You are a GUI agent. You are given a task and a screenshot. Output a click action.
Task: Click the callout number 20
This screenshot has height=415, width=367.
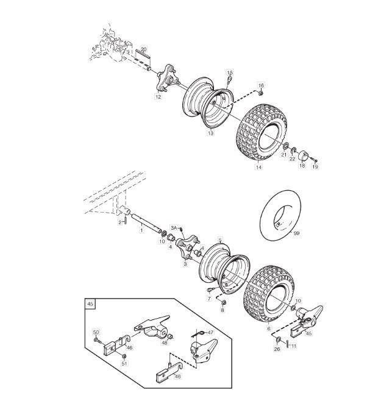[x=143, y=49]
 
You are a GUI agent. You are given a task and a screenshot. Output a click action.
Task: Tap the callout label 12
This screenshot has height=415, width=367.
[x=158, y=97]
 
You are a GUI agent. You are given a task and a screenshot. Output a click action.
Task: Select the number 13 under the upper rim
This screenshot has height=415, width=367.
[x=210, y=133]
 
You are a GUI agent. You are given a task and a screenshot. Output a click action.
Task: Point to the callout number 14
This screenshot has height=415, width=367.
[x=258, y=167]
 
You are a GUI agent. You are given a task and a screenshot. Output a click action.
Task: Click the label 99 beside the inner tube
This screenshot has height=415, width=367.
[x=296, y=233]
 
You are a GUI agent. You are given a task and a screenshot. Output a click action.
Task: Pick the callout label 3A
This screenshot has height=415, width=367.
[x=174, y=228]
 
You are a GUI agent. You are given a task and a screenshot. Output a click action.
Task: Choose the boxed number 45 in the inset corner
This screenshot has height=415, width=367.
[x=90, y=303]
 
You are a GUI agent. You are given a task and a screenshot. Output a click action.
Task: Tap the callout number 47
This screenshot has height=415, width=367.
[x=210, y=332]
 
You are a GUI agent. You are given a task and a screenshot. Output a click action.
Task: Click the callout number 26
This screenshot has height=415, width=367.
[x=277, y=349]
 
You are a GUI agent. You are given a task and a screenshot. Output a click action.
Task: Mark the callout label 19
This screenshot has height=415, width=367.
[x=315, y=166]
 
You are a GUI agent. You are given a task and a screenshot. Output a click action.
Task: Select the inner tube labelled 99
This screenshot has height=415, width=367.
[x=280, y=215]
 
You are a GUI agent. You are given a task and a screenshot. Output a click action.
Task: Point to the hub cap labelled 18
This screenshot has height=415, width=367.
[x=302, y=155]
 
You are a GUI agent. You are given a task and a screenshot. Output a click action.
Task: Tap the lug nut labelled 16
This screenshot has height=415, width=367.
[x=260, y=93]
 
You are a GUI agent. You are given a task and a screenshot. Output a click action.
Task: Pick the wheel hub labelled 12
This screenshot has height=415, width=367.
[x=167, y=79]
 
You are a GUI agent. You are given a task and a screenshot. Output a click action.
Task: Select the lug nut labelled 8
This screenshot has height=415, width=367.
[x=223, y=302]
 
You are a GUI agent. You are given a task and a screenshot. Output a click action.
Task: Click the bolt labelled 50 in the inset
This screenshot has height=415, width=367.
[x=96, y=339]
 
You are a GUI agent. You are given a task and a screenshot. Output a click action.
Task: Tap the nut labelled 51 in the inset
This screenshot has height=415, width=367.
[x=123, y=356]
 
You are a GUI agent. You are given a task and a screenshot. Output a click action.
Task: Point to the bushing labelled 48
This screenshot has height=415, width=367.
[x=171, y=336]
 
